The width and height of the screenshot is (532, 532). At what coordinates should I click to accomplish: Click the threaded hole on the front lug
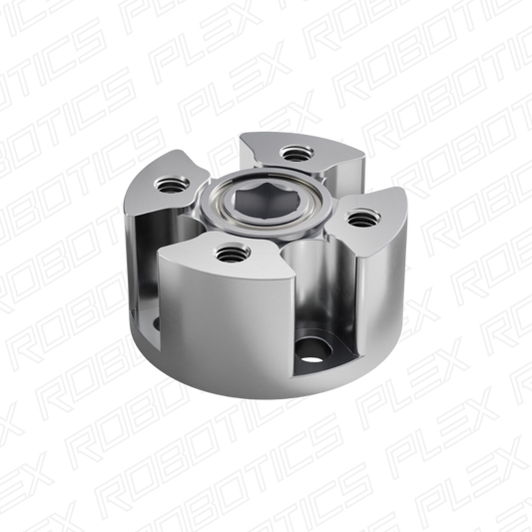coord(232,254)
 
